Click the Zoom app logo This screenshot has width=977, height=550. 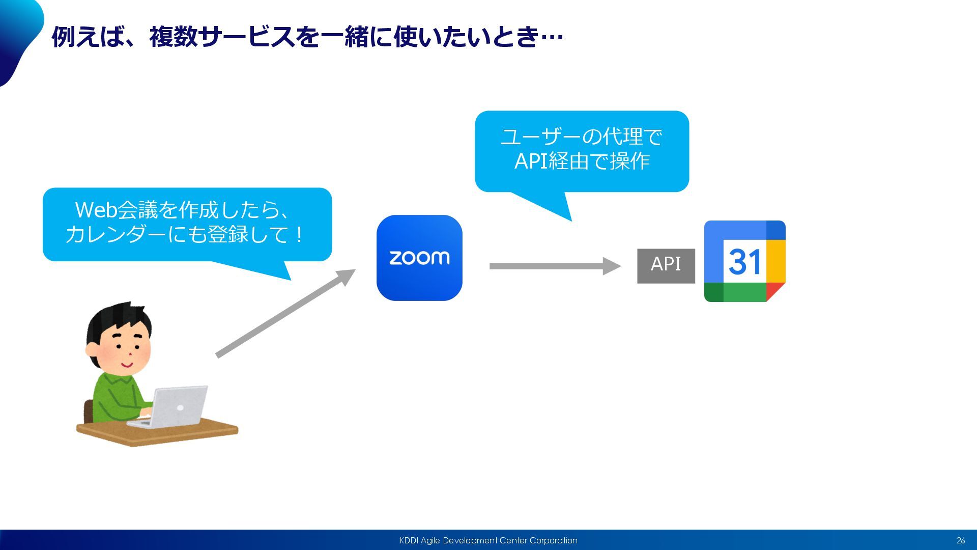tap(419, 258)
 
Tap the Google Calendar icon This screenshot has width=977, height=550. tap(744, 261)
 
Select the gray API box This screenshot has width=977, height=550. tap(666, 265)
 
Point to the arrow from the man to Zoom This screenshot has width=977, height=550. tap(285, 313)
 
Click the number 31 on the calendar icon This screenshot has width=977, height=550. tap(744, 262)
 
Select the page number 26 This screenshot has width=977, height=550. tap(960, 540)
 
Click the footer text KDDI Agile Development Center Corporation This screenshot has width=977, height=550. tap(488, 540)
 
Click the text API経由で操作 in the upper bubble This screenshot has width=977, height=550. tap(582, 161)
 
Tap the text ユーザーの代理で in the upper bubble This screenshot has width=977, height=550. tap(582, 136)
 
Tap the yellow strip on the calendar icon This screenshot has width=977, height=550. tap(776, 260)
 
